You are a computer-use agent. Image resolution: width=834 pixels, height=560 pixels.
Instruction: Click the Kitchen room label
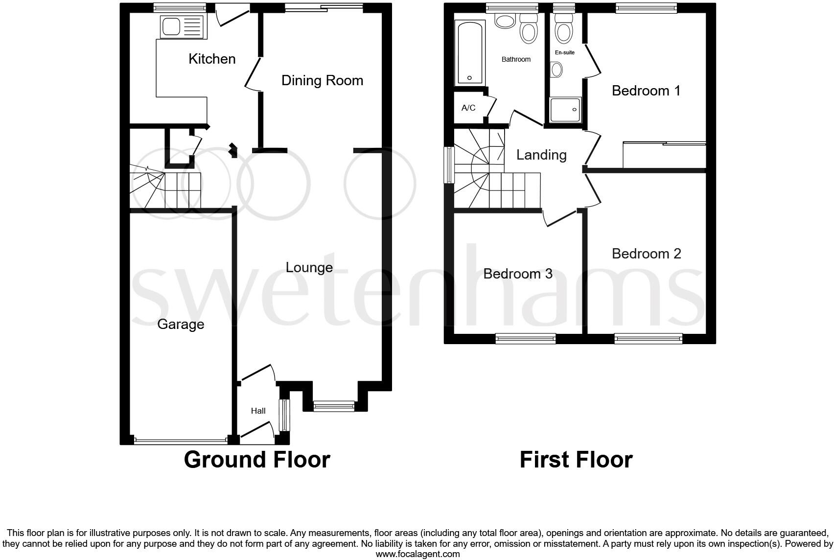click(212, 59)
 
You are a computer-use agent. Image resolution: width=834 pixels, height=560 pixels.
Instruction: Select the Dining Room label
click(322, 80)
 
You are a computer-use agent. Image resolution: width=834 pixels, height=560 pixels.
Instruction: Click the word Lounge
click(309, 267)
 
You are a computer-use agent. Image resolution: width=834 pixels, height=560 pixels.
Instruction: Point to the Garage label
click(181, 324)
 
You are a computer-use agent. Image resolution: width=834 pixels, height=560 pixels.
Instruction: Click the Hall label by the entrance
click(258, 411)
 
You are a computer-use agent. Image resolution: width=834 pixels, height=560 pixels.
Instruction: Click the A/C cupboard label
click(468, 108)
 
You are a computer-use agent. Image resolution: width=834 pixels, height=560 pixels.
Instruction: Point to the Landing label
click(541, 155)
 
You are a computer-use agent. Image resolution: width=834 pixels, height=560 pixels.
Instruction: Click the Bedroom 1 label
click(646, 91)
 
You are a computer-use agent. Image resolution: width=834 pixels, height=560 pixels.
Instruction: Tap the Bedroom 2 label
click(646, 254)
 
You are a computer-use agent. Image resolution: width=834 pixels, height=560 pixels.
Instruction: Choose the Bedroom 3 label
click(518, 273)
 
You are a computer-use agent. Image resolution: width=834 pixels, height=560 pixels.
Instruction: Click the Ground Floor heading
click(257, 460)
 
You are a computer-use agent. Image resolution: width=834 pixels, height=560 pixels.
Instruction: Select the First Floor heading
click(576, 460)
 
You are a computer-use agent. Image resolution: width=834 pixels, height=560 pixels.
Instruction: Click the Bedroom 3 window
click(526, 338)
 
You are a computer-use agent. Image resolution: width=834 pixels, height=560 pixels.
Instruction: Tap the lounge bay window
click(334, 405)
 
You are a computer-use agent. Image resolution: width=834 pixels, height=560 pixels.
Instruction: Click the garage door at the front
click(181, 441)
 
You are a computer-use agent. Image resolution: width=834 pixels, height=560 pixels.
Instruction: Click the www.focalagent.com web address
click(417, 554)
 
